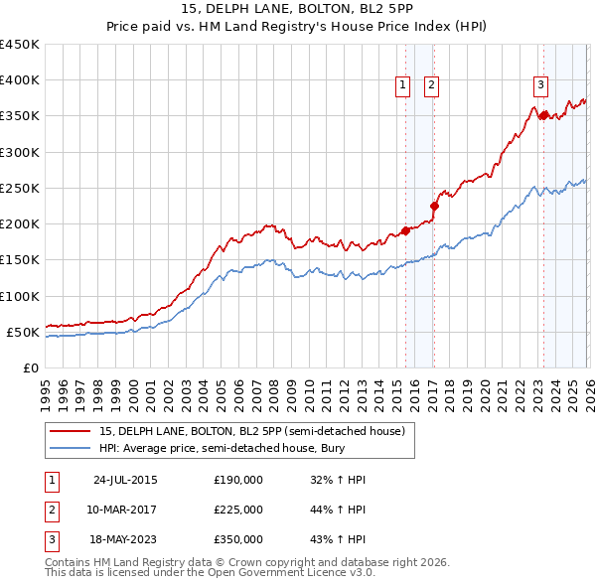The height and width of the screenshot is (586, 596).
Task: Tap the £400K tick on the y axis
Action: click(19, 80)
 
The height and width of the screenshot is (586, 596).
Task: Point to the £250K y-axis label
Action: click(19, 188)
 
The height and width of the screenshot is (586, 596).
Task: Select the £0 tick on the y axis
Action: click(30, 367)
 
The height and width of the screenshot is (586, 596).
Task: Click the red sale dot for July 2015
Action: click(405, 231)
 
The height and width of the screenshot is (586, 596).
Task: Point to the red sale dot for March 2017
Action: click(434, 207)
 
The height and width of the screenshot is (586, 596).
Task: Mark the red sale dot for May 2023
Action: click(543, 116)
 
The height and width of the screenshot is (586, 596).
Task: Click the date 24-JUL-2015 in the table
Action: click(125, 480)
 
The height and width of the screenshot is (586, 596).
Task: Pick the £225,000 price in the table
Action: click(238, 510)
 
